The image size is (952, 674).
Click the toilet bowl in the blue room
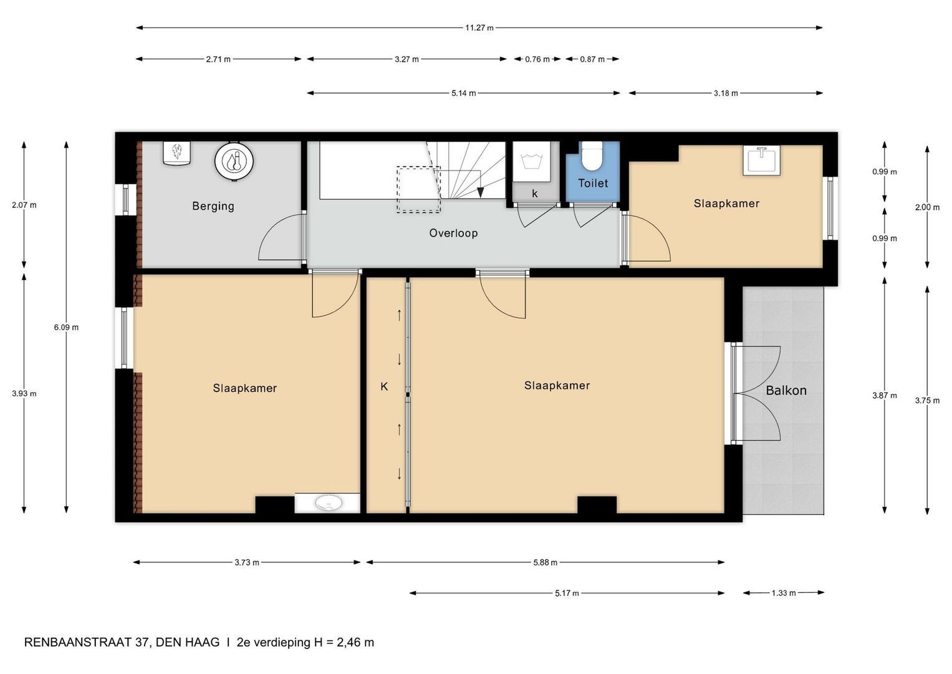[591, 157]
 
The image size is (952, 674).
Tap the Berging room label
[213, 206]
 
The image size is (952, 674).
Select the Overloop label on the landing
[453, 233]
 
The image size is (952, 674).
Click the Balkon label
[786, 391]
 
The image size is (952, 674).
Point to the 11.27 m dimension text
[479, 28]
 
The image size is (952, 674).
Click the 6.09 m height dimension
[66, 327]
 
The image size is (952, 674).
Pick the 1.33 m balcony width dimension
[784, 593]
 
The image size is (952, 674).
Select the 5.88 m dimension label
[545, 562]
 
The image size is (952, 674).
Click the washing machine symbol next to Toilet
[532, 160]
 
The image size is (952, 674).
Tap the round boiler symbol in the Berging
[234, 162]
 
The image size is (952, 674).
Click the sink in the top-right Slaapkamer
[761, 160]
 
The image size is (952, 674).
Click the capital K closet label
[384, 387]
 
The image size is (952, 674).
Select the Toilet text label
[592, 183]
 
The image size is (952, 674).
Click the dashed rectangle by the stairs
[418, 190]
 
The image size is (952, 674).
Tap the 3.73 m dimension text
[247, 562]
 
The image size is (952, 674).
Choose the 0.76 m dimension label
[537, 59]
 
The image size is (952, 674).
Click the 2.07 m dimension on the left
[24, 205]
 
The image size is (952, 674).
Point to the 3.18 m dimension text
[726, 94]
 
